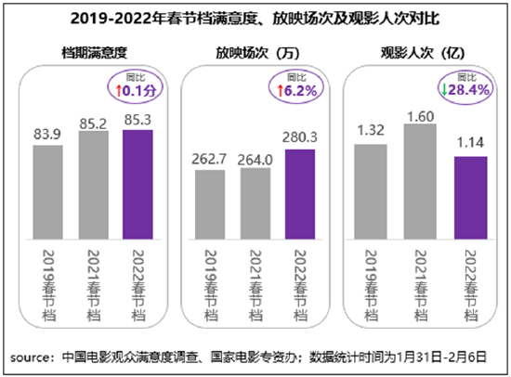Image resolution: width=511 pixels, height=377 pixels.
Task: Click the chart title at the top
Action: pyautogui.click(x=255, y=19)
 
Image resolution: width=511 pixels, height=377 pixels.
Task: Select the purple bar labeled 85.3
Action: pyautogui.click(x=138, y=185)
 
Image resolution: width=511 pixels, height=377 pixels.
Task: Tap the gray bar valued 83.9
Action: pyautogui.click(x=48, y=192)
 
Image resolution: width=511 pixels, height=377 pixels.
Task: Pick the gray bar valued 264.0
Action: pyautogui.click(x=255, y=203)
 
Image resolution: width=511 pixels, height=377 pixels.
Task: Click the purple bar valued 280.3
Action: pyautogui.click(x=300, y=194)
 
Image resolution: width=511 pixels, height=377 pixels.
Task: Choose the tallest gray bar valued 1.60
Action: pyautogui.click(x=420, y=181)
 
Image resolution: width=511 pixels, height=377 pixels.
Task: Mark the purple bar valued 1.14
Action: pyautogui.click(x=471, y=198)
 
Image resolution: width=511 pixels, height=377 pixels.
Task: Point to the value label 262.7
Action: pyautogui.click(x=209, y=159)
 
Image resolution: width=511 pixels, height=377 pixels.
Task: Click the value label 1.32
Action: pyautogui.click(x=371, y=130)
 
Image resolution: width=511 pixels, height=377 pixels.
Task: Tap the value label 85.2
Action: pyautogui.click(x=93, y=123)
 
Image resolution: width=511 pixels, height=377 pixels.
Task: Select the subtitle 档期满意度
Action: pyautogui.click(x=95, y=53)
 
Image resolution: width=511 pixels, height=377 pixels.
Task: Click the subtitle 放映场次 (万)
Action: pyautogui.click(x=257, y=53)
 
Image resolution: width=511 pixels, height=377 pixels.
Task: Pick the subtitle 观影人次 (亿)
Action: pyautogui.click(x=423, y=53)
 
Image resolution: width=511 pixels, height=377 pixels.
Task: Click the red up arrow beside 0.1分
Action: pyautogui.click(x=119, y=91)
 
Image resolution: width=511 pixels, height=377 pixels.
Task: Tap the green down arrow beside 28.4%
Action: pyautogui.click(x=444, y=89)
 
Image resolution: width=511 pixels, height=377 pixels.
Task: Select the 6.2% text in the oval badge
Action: pyautogui.click(x=300, y=91)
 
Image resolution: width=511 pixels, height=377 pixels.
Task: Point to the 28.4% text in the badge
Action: pyautogui.click(x=468, y=89)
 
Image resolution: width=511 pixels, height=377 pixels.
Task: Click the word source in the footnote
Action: pyautogui.click(x=29, y=357)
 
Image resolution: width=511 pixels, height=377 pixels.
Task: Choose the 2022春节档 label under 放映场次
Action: pyautogui.click(x=300, y=285)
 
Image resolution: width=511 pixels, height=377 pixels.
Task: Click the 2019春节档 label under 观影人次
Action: pyautogui.click(x=371, y=285)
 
